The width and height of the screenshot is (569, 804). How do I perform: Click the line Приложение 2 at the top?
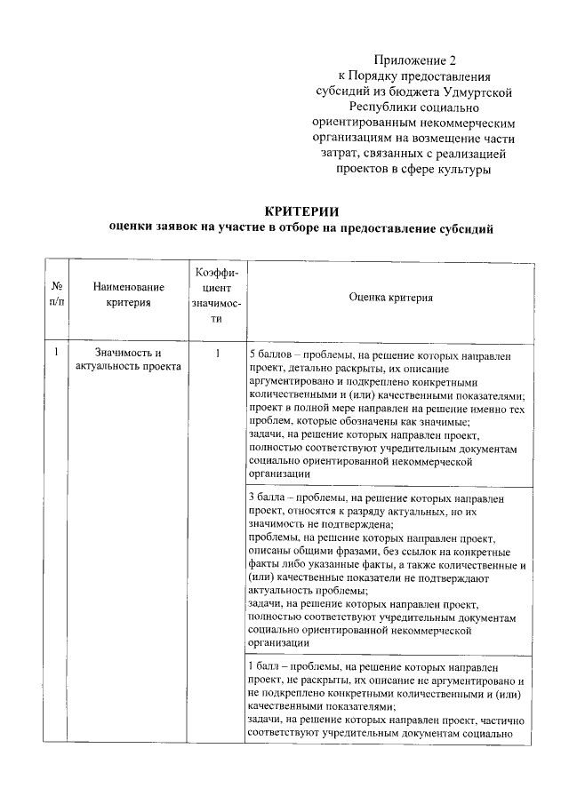point(413,60)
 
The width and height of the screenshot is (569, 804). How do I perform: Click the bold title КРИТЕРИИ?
point(301,211)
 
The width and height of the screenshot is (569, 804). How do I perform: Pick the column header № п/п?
point(56,295)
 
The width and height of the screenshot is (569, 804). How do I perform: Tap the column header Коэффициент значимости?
point(215,295)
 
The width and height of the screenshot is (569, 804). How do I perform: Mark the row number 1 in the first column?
point(56,353)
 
